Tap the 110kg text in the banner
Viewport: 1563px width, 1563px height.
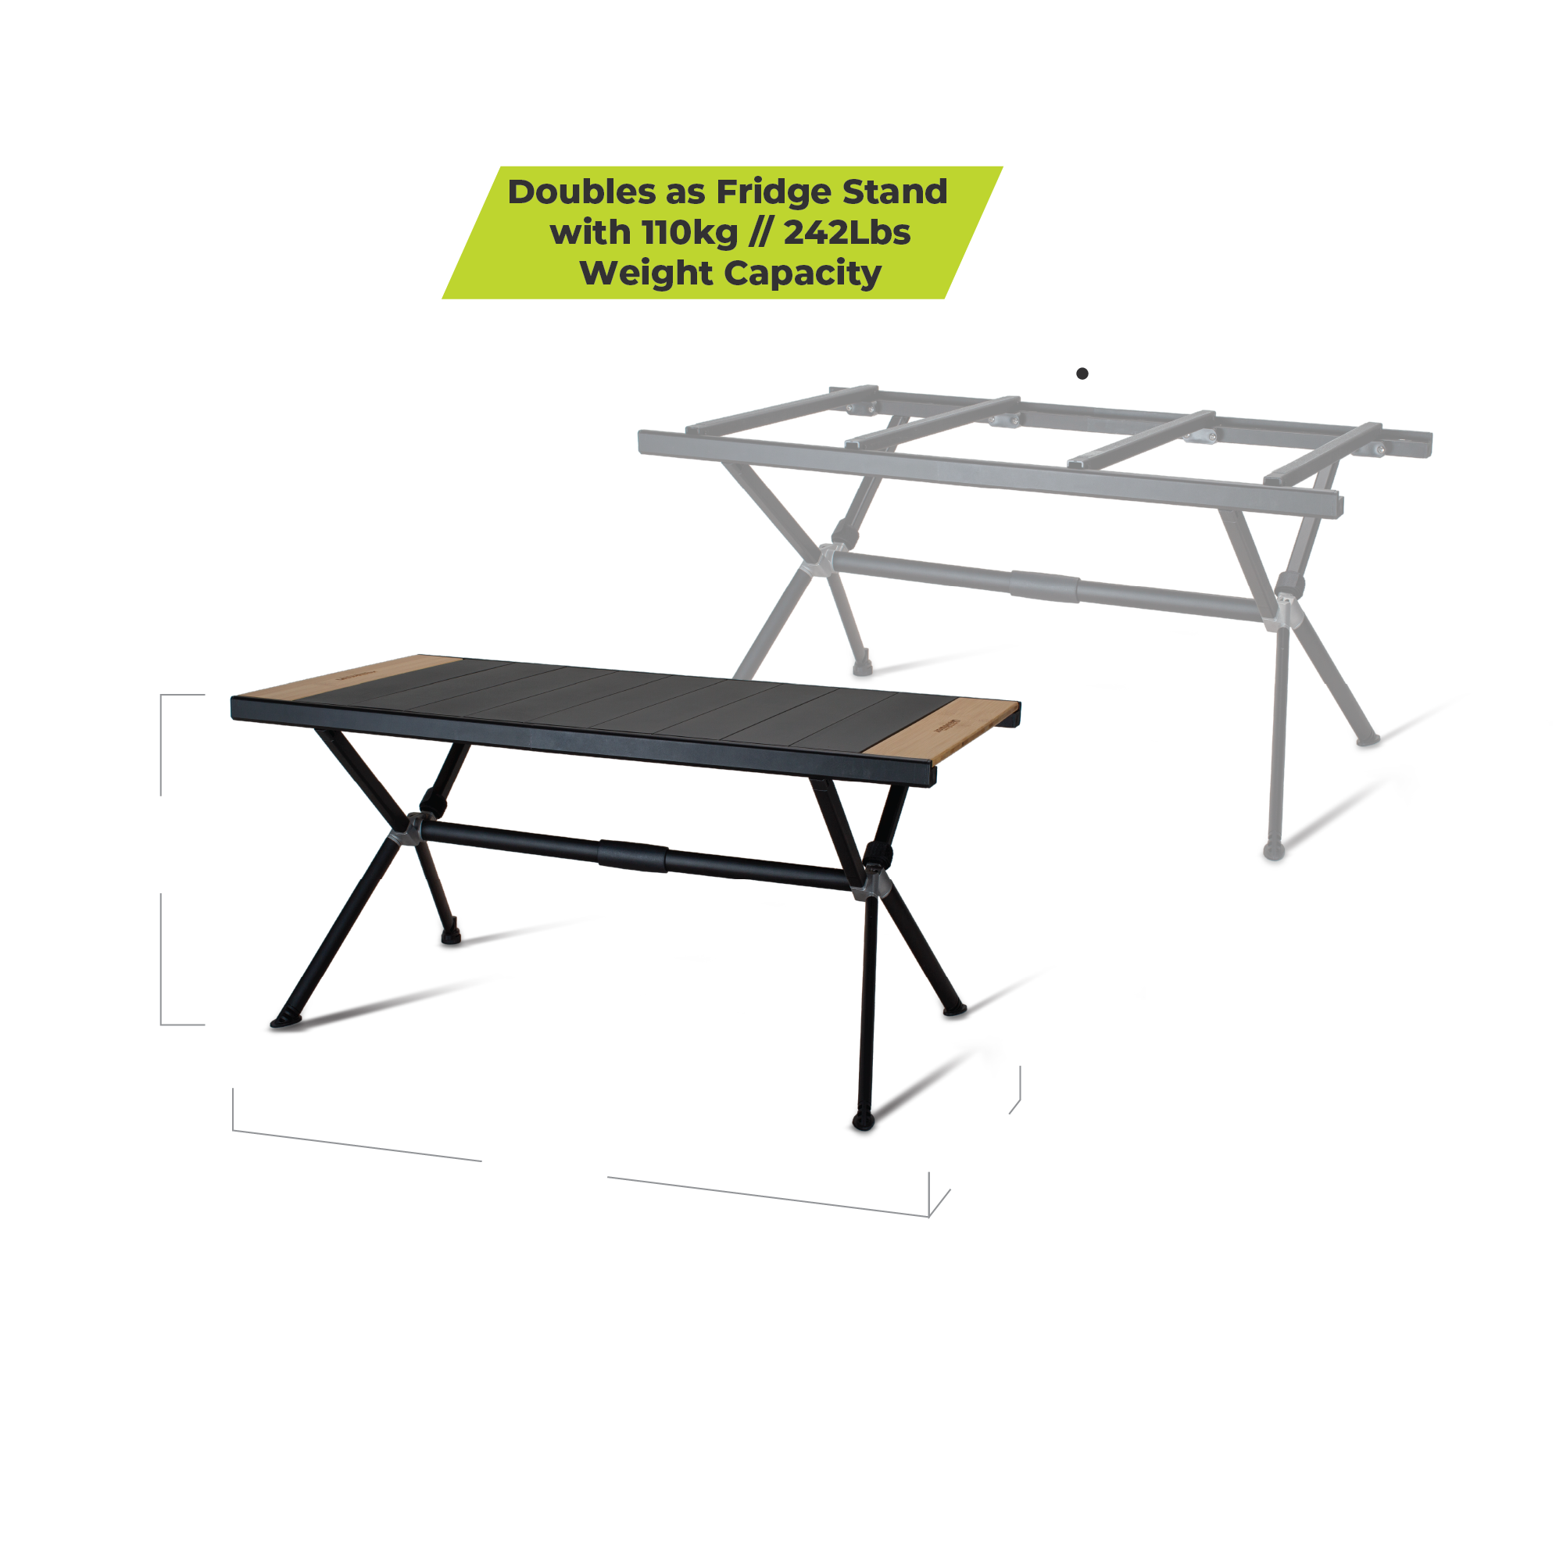[689, 232]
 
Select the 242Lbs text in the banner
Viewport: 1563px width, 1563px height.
[847, 232]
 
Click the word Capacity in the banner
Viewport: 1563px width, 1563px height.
[802, 274]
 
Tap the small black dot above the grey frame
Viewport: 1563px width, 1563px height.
[1082, 373]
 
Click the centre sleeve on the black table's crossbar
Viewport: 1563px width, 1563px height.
[633, 857]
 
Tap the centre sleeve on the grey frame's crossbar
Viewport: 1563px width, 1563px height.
[1043, 585]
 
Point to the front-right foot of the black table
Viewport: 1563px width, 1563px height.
[864, 1122]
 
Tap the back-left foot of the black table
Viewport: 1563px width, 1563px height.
[451, 938]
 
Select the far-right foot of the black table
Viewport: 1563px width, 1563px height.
[955, 1010]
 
